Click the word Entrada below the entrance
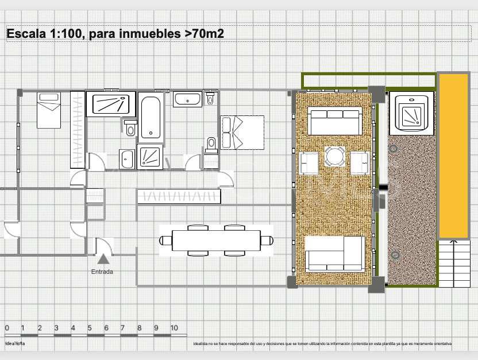(x=102, y=272)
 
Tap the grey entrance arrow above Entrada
(x=103, y=260)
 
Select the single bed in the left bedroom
(x=49, y=110)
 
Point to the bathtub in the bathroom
(x=151, y=118)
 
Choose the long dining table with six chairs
(x=215, y=240)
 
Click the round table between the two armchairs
(x=335, y=156)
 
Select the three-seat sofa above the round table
(x=333, y=121)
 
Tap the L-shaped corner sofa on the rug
(x=334, y=253)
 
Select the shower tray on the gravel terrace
(x=412, y=114)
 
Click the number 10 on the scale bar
(x=174, y=328)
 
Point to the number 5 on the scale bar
(x=89, y=328)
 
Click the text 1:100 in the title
(x=64, y=34)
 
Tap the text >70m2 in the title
(x=203, y=34)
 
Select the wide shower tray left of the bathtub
(x=111, y=104)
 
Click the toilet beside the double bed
(x=211, y=144)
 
